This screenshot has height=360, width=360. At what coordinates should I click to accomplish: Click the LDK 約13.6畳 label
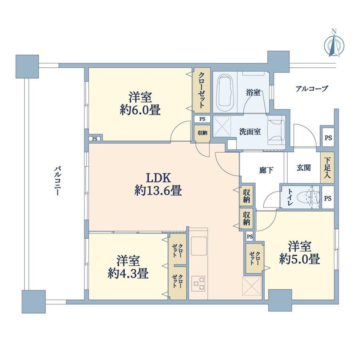158,184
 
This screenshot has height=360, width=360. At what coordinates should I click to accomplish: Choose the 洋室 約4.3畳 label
128,267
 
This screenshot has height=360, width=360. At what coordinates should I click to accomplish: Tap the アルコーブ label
311,88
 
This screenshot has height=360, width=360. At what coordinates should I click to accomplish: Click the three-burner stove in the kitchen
199,283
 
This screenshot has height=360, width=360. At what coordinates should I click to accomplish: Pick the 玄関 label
303,168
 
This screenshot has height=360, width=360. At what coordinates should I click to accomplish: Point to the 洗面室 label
250,132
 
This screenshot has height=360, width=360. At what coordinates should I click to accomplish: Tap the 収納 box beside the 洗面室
202,132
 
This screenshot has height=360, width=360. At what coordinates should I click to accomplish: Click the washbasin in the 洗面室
277,129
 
